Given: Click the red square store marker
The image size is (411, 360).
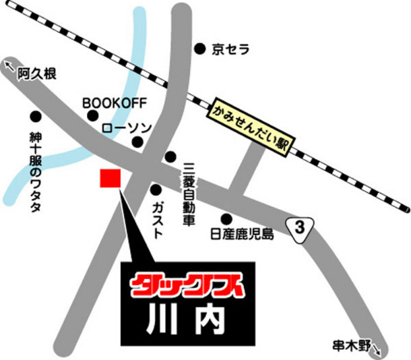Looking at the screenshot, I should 110,179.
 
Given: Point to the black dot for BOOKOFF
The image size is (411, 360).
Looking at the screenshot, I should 94,117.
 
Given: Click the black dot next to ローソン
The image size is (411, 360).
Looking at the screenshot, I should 137,142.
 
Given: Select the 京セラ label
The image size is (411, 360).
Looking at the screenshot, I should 230,49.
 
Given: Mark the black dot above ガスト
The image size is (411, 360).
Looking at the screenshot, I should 156,189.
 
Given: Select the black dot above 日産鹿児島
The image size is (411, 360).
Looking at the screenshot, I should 226,218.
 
